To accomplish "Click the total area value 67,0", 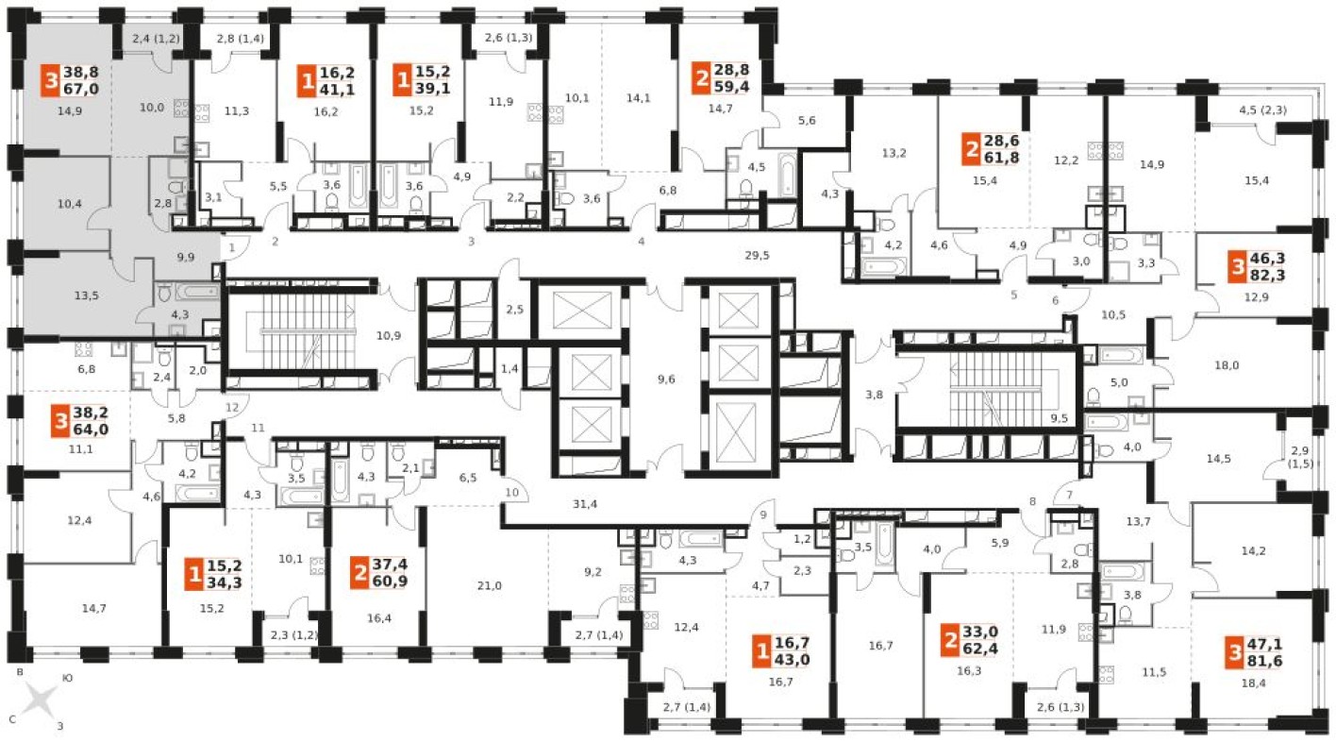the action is (81, 90).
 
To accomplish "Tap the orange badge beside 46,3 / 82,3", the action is (1238, 267).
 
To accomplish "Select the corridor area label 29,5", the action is (757, 256).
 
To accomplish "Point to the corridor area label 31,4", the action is (585, 504).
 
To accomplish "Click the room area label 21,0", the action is (489, 586).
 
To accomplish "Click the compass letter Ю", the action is (68, 678).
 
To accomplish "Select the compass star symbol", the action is (40, 700).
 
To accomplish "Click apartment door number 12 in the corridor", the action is (232, 408).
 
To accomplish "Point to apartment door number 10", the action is (511, 493).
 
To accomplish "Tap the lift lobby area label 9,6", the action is (665, 379).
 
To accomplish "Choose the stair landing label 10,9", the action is (389, 336).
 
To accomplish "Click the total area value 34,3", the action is (225, 582).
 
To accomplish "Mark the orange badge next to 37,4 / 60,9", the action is (359, 573).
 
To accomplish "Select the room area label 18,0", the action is (1227, 365).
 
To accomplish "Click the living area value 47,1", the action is (1264, 644).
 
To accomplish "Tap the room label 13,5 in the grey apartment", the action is (87, 295).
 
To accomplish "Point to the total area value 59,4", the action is (732, 87).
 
